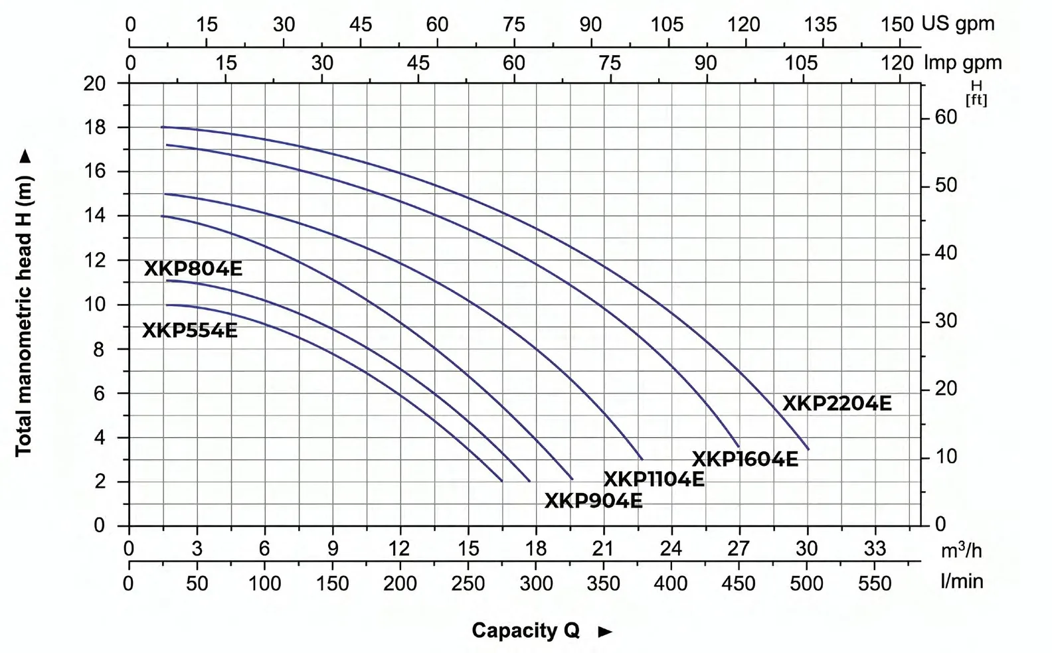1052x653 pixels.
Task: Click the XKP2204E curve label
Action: [x=836, y=403]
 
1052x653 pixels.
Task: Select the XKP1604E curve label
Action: [x=745, y=459]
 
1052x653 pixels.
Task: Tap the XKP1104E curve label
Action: [x=654, y=479]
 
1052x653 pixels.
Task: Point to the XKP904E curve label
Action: [x=593, y=501]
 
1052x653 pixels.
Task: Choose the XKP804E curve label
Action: [x=193, y=269]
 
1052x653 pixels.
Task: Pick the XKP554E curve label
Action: [x=190, y=330]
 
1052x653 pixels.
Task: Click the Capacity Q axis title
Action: [x=525, y=630]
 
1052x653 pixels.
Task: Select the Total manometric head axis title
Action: [x=23, y=316]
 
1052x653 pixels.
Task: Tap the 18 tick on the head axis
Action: [x=95, y=127]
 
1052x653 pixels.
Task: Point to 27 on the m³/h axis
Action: [x=739, y=548]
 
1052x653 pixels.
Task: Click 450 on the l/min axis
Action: [x=739, y=583]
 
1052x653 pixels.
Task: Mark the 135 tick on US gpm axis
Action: [x=820, y=25]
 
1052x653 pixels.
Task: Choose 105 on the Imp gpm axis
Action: [x=802, y=63]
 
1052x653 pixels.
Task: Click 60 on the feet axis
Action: [x=946, y=117]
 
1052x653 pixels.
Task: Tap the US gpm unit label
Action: [x=958, y=23]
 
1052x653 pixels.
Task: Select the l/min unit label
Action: [x=962, y=582]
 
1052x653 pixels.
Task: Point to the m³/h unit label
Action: [x=962, y=550]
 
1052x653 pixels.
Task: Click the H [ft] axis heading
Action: [x=976, y=93]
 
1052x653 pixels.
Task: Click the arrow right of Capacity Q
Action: [x=606, y=632]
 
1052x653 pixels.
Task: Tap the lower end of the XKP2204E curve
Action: [x=808, y=449]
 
